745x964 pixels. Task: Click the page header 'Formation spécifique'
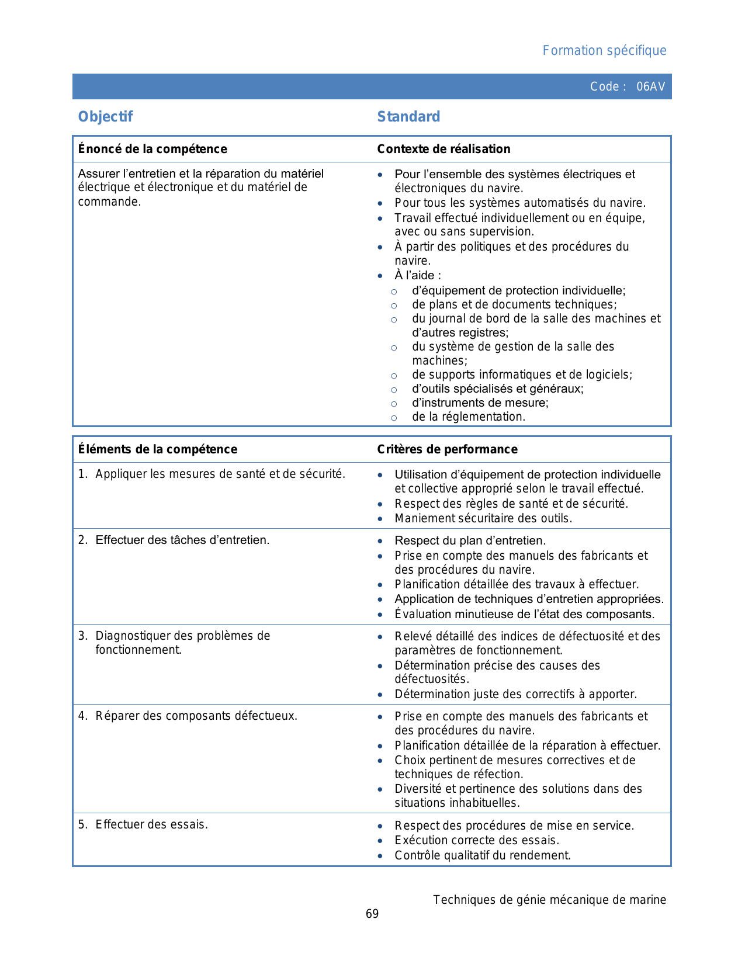click(604, 51)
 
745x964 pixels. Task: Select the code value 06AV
click(650, 86)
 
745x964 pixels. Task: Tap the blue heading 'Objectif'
click(105, 117)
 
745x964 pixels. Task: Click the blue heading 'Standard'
click(408, 117)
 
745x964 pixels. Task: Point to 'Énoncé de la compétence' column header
click(153, 149)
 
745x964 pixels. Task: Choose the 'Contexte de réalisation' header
click(443, 149)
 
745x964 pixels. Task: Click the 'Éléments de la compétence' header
click(158, 449)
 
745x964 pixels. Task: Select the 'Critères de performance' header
click(447, 449)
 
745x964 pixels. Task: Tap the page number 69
click(372, 914)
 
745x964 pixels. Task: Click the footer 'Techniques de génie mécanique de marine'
click(549, 900)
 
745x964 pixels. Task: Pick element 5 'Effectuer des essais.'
click(151, 824)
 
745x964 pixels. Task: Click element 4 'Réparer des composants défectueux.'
click(196, 716)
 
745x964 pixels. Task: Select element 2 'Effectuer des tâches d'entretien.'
click(182, 540)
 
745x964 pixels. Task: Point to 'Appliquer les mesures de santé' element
click(220, 474)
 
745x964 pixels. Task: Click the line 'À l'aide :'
click(418, 275)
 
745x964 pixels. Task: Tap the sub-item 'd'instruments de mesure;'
click(480, 403)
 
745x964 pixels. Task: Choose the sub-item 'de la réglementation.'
click(468, 417)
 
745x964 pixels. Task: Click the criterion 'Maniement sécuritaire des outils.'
click(483, 518)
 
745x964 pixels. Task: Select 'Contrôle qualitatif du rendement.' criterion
click(483, 855)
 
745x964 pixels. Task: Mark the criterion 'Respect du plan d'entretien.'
click(470, 540)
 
